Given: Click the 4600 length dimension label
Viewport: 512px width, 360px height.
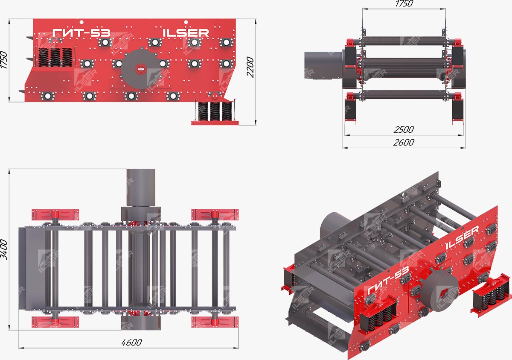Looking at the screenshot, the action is (x=132, y=342).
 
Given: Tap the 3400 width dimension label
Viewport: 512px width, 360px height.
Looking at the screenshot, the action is (x=4, y=249).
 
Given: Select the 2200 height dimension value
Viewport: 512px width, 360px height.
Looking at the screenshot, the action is (x=250, y=67).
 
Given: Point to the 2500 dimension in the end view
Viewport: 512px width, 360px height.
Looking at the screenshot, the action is (x=404, y=130).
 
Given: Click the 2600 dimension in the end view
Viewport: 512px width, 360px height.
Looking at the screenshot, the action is (x=404, y=143).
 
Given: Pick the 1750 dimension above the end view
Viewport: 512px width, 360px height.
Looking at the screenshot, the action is (x=404, y=4).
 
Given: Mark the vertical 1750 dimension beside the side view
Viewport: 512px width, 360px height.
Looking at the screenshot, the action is (x=4, y=60).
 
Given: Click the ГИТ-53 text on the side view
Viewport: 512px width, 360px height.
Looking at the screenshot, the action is (x=81, y=33).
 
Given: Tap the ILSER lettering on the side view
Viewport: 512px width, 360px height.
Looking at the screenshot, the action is (x=186, y=33).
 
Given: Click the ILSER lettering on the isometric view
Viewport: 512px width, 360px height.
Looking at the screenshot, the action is (x=463, y=238).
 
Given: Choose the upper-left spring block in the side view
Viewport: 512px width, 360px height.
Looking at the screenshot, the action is (x=55, y=57).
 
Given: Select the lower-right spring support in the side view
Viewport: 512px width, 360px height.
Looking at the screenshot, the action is (x=215, y=112).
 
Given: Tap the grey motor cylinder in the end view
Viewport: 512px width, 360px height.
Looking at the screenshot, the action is (x=323, y=65).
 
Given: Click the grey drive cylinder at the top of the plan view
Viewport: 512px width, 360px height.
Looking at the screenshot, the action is (x=141, y=188).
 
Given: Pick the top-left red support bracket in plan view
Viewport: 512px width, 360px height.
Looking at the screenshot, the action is (x=55, y=214).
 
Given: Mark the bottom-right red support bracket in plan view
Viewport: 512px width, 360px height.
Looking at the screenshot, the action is (x=215, y=322).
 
